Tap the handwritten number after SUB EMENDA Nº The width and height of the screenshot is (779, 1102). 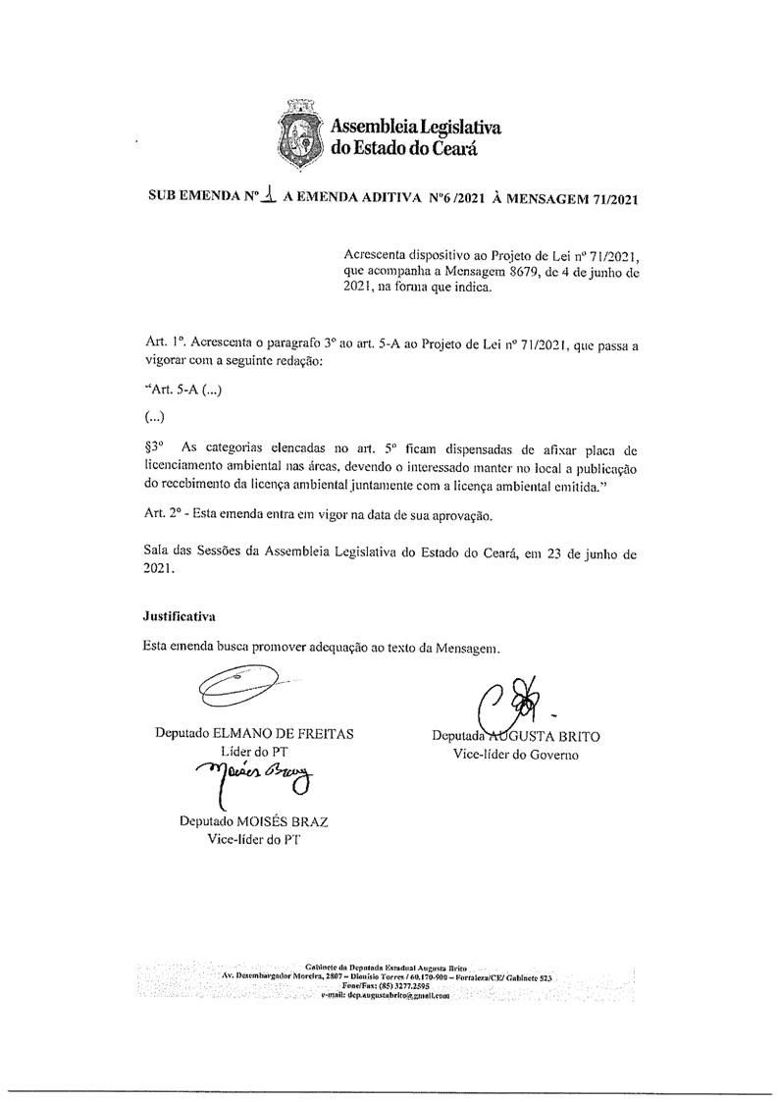pyautogui.click(x=264, y=195)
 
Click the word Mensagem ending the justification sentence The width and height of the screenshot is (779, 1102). pyautogui.click(x=466, y=648)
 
